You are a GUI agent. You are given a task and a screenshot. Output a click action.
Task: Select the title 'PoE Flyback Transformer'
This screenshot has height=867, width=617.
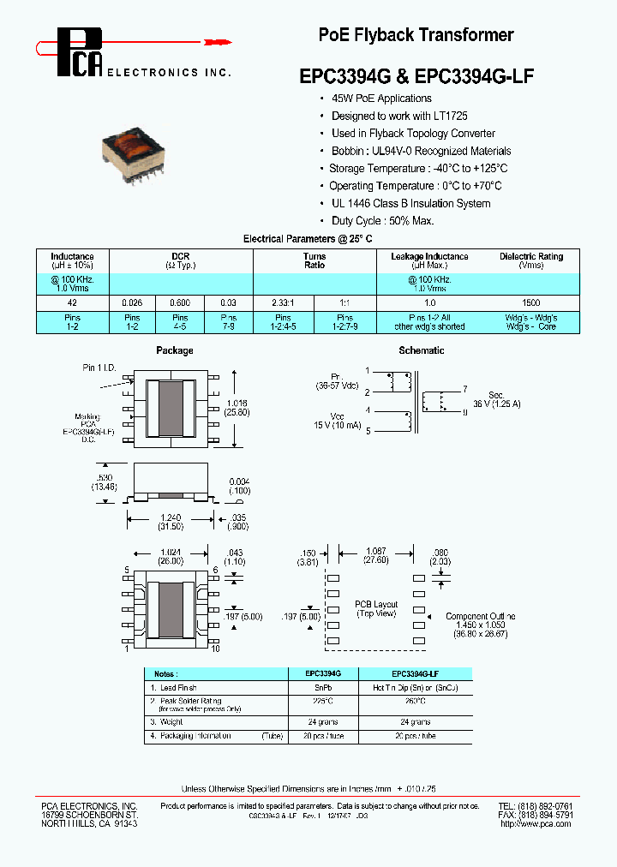[x=416, y=35]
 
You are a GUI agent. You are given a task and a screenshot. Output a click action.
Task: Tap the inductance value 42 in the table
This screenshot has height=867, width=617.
[x=73, y=303]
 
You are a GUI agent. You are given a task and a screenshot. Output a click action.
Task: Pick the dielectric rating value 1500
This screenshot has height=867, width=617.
[x=530, y=303]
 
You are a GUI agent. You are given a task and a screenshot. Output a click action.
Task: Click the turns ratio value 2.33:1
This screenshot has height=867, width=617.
[x=283, y=303]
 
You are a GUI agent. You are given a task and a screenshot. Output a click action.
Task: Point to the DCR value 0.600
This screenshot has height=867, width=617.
[x=180, y=303]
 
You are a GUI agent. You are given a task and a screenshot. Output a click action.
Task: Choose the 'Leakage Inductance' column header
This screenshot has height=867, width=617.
[x=429, y=256]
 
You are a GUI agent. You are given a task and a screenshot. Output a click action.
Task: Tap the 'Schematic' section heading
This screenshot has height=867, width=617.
[x=422, y=350]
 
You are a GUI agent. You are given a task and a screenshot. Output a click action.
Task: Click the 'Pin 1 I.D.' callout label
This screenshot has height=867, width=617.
[x=99, y=368]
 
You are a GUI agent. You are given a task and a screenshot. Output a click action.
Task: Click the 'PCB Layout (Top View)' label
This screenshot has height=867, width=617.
[x=376, y=609]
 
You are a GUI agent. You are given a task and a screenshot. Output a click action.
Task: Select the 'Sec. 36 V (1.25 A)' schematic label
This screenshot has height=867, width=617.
[x=497, y=399]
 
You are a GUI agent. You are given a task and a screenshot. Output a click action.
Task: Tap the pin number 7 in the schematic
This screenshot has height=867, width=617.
[x=465, y=388]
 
